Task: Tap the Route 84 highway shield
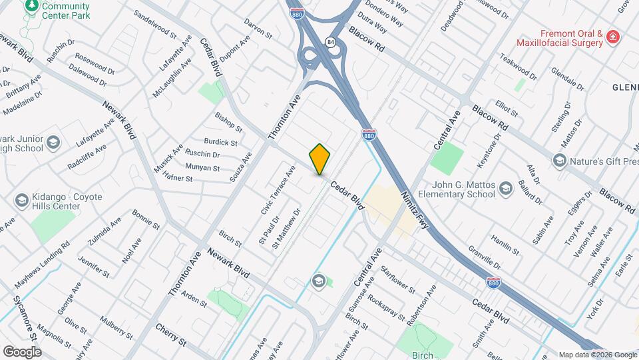(x=330, y=42)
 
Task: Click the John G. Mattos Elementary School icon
(x=507, y=188)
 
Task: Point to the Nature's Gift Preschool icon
(x=560, y=160)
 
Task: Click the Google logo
(x=22, y=351)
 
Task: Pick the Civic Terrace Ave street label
(x=278, y=191)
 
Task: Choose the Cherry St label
(x=171, y=335)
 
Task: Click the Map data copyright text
(x=596, y=354)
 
